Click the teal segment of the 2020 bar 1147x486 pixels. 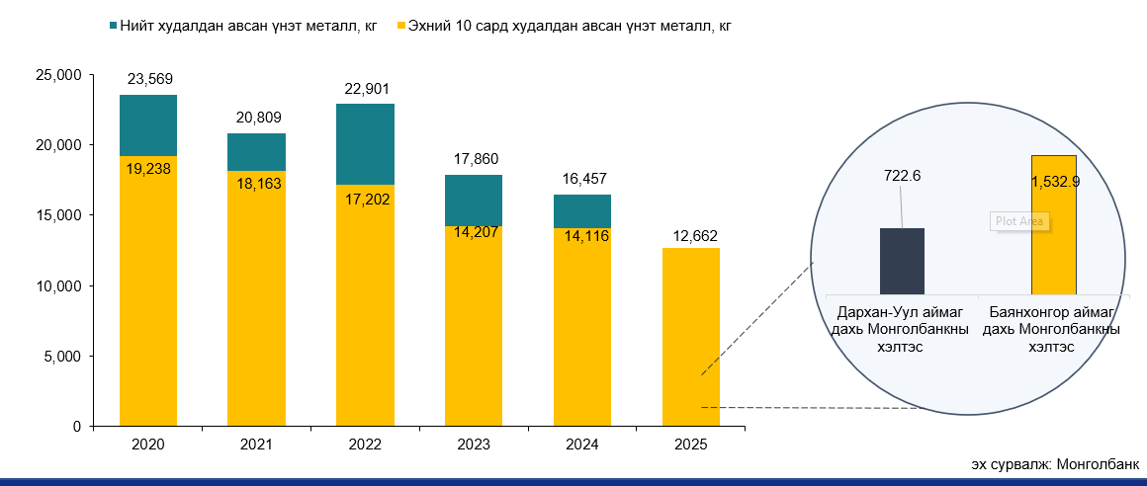click(148, 125)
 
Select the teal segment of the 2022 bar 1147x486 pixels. click(365, 144)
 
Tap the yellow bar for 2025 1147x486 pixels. click(690, 336)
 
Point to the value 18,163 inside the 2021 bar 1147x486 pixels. click(256, 183)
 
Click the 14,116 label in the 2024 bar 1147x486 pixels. click(582, 236)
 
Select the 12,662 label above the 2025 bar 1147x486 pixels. click(691, 235)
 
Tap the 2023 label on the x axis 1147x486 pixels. click(474, 445)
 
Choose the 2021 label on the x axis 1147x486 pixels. click(256, 445)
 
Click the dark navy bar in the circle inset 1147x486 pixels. click(902, 261)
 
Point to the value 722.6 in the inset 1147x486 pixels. click(902, 176)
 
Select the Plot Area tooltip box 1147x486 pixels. click(1017, 221)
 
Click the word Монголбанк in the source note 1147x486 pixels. click(1098, 464)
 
